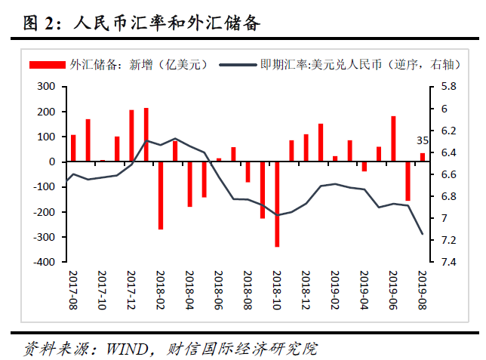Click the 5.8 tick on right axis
(448, 87)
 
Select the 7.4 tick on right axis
(448, 262)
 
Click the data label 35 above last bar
(423, 140)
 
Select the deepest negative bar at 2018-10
(277, 204)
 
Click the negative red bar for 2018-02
(161, 195)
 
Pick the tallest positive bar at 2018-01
(146, 134)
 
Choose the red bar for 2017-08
(73, 148)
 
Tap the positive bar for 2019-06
(393, 139)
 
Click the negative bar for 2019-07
(408, 181)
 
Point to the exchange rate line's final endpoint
(422, 234)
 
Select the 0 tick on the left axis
(51, 162)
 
